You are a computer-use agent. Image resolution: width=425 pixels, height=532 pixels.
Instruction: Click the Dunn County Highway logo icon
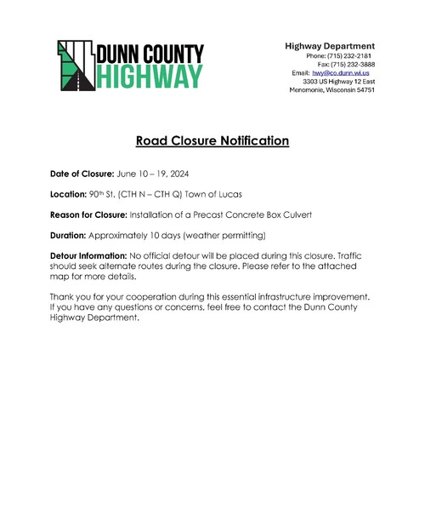[76, 65]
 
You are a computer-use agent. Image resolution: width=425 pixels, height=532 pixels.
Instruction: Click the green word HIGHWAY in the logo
[150, 77]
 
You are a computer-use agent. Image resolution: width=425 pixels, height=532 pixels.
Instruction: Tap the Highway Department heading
[330, 45]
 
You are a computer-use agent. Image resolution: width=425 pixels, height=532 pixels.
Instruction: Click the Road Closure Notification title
[212, 140]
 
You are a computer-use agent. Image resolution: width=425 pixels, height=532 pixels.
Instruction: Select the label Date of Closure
[82, 173]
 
